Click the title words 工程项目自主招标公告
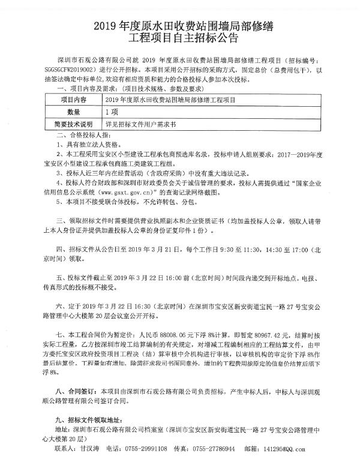(180, 40)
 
